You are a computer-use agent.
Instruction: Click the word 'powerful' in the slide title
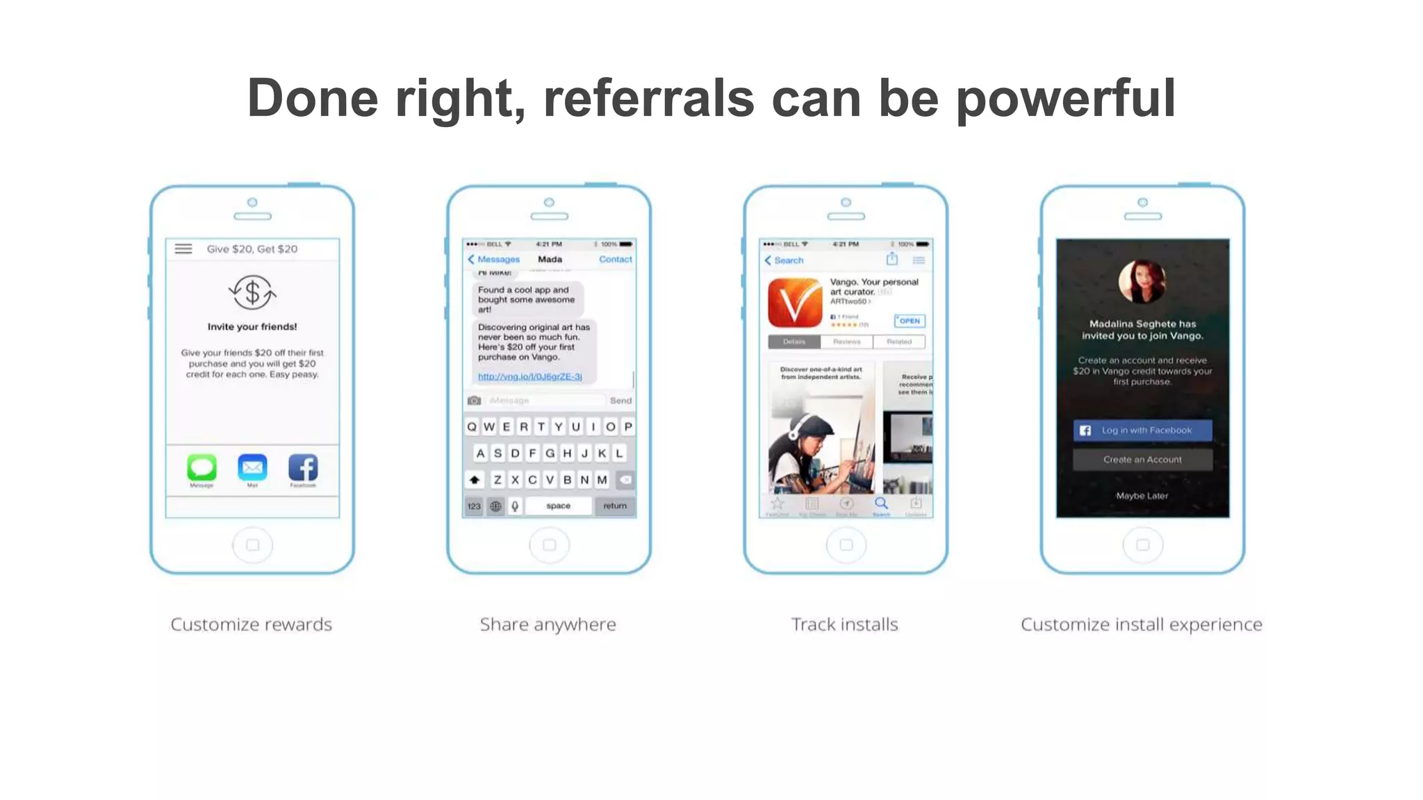click(x=1065, y=99)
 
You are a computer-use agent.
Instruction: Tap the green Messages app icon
click(x=201, y=467)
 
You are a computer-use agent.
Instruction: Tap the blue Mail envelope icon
click(x=252, y=467)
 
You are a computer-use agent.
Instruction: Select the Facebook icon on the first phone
click(x=303, y=467)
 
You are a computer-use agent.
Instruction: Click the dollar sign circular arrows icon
click(x=252, y=292)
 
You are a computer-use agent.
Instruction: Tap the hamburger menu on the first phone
click(x=183, y=249)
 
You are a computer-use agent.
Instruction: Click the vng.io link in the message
click(x=529, y=376)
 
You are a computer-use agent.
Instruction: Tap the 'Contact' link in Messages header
click(x=615, y=259)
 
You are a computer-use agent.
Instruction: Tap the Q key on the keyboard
click(x=472, y=426)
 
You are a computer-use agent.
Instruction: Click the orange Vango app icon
click(x=794, y=303)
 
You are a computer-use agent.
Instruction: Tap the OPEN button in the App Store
click(x=909, y=321)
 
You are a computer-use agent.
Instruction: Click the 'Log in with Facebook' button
click(x=1142, y=431)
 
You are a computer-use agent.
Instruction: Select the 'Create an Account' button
click(x=1142, y=460)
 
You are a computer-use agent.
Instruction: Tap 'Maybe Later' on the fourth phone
click(x=1142, y=496)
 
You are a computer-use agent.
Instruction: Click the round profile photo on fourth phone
click(x=1142, y=282)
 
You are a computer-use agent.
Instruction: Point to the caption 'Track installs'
click(x=844, y=624)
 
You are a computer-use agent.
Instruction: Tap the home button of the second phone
click(x=549, y=545)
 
